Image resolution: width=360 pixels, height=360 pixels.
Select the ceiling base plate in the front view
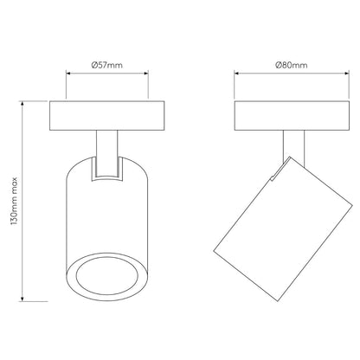[107, 116]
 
